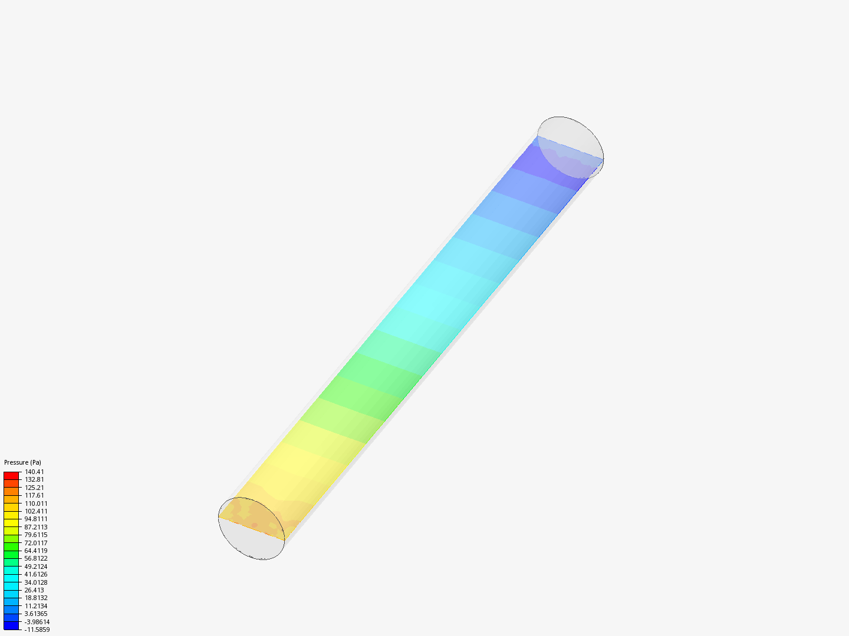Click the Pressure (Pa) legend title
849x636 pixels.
coord(22,462)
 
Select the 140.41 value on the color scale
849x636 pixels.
coord(34,472)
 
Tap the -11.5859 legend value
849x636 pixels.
coord(37,630)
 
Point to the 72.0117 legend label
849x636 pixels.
coord(35,543)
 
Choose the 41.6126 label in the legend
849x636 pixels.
coord(35,574)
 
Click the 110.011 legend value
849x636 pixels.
coord(35,503)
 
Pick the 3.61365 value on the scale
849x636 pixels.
coord(35,614)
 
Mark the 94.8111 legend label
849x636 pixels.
coord(35,519)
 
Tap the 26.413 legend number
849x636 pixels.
coord(34,590)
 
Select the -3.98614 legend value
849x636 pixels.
coord(37,622)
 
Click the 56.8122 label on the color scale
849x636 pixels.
coord(35,558)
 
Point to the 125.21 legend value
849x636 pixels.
coord(34,488)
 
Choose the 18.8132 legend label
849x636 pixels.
coord(35,598)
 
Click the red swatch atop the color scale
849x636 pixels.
coord(11,475)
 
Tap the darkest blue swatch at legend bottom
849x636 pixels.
coord(11,625)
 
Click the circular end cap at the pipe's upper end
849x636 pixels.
coord(570,147)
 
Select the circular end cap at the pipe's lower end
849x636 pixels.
coord(251,528)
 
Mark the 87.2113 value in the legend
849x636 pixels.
coord(35,527)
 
